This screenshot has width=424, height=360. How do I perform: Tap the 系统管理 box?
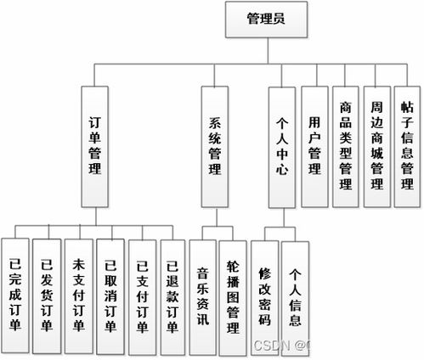[215, 144]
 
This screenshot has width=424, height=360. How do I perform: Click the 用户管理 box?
[314, 144]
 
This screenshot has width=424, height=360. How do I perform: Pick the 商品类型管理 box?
[345, 144]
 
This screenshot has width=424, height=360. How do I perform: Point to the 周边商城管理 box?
[376, 144]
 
